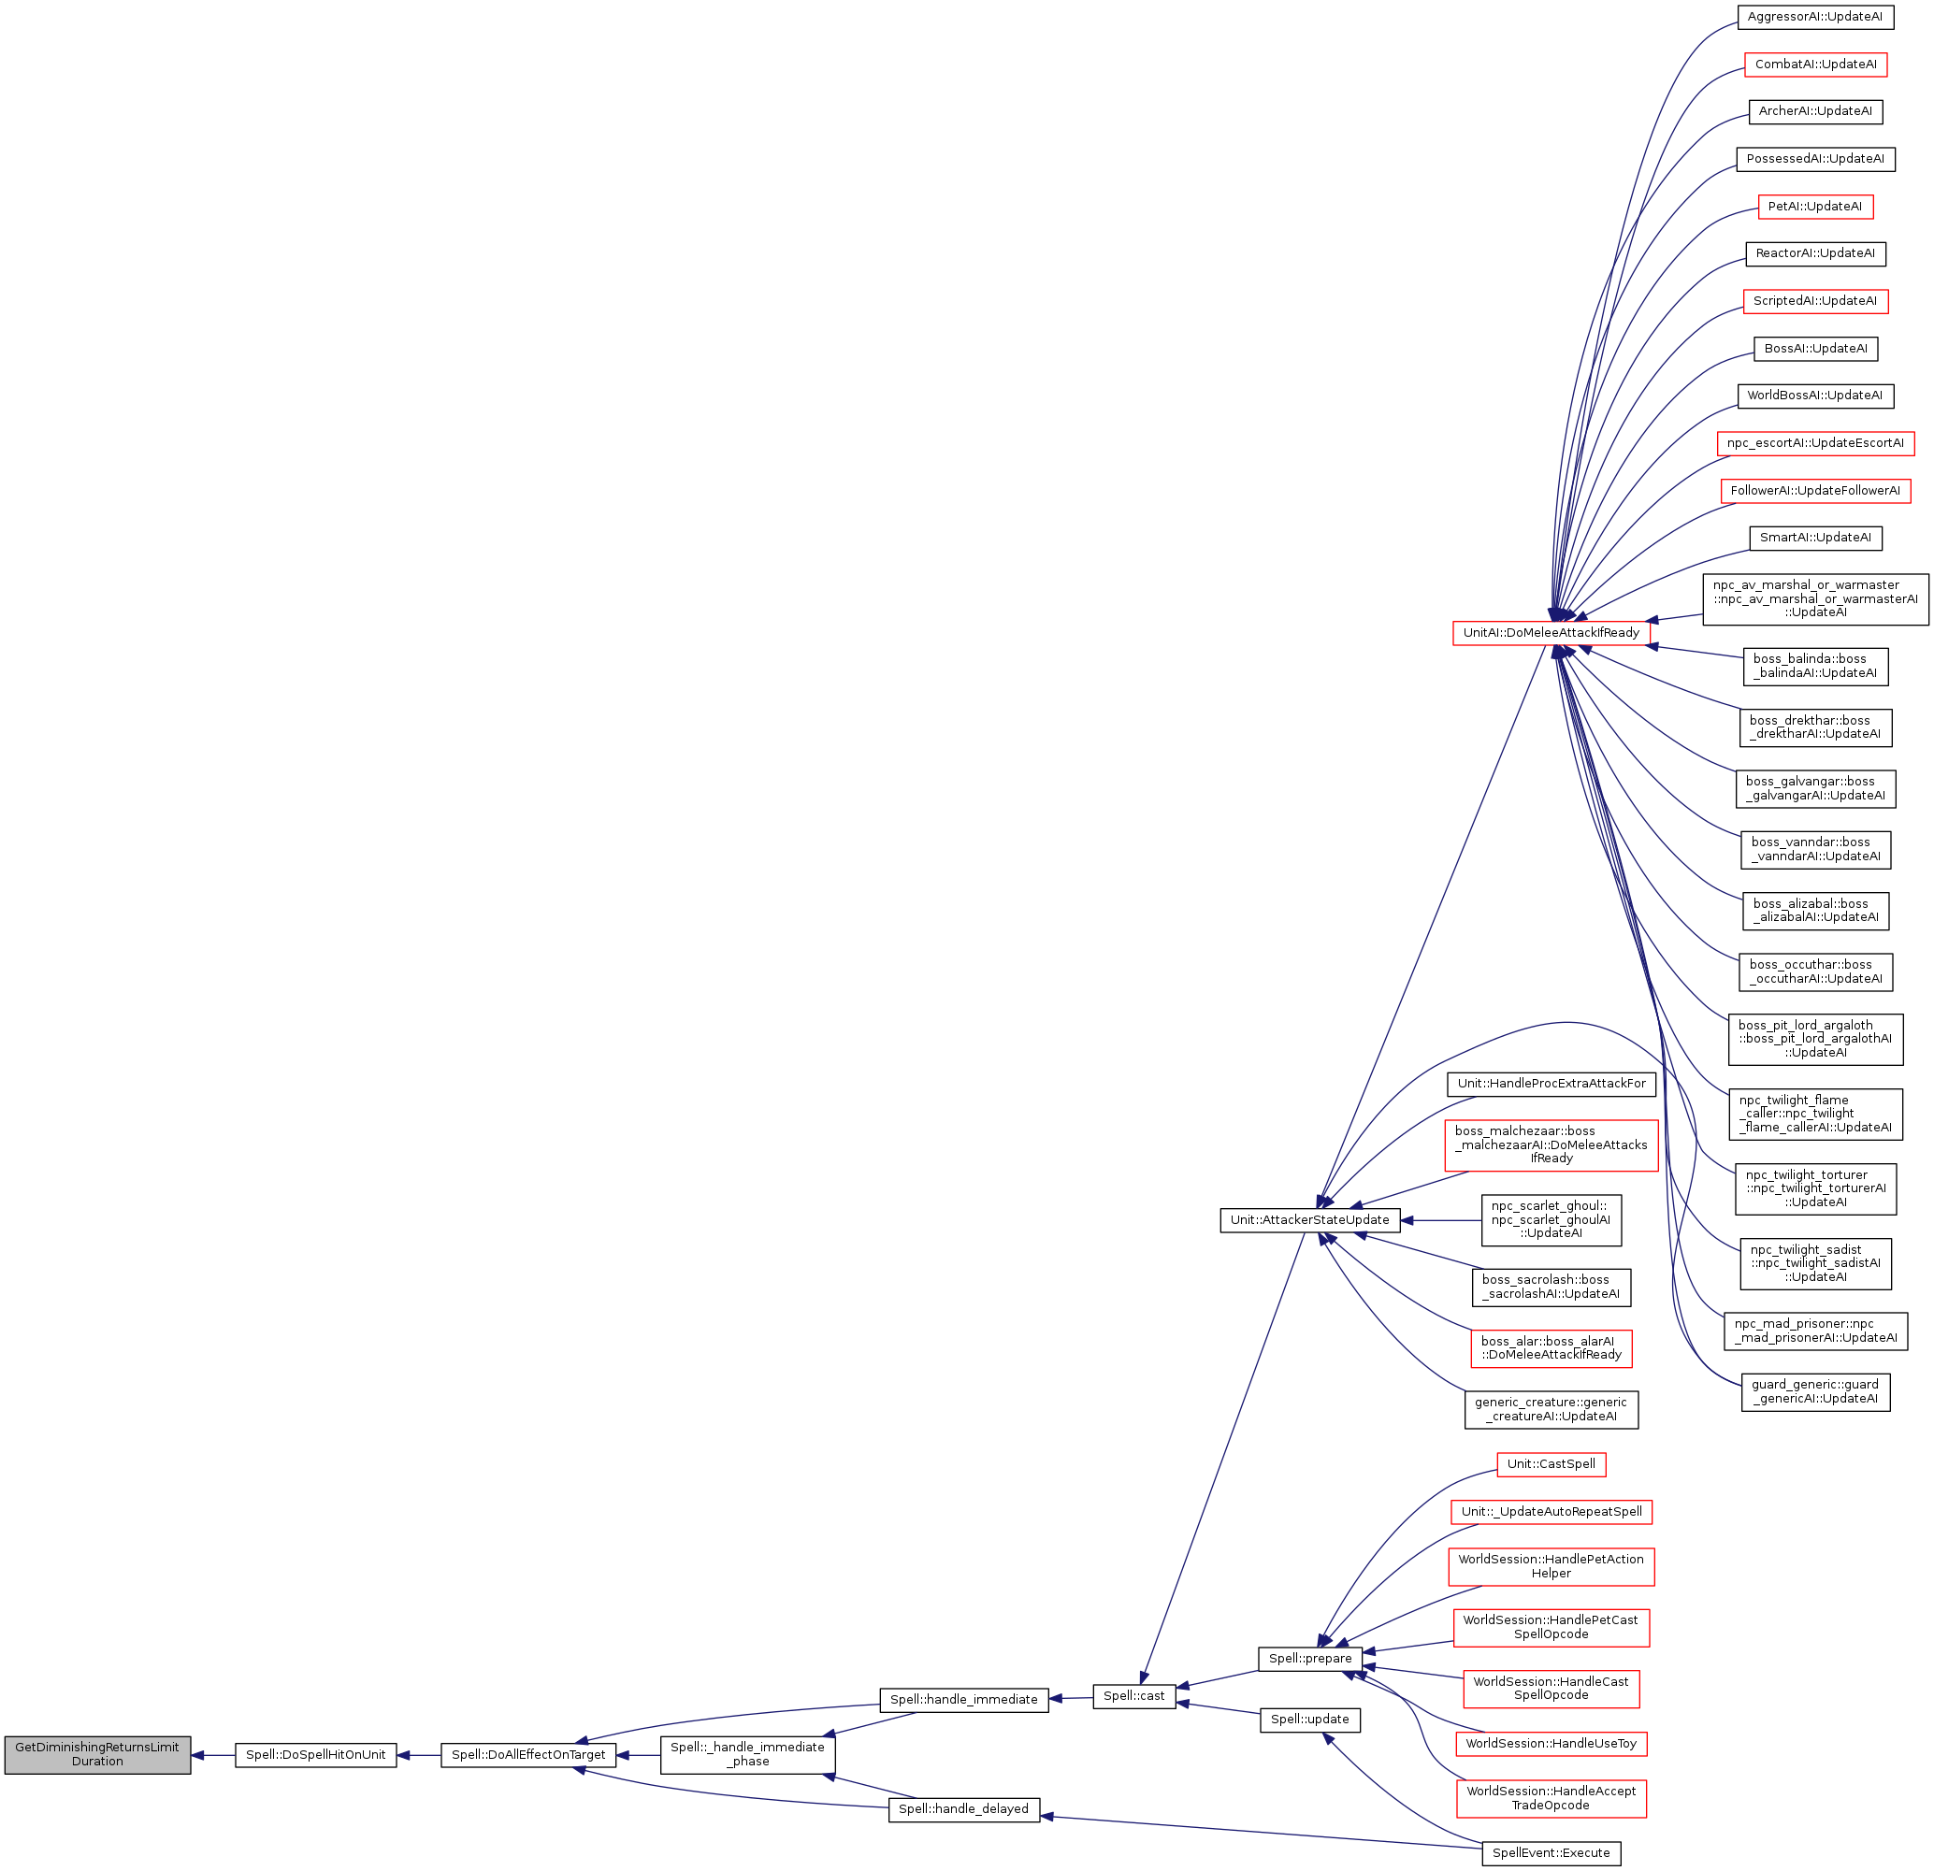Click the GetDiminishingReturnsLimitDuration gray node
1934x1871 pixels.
pyautogui.click(x=96, y=1753)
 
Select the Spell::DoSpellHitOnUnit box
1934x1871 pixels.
pyautogui.click(x=316, y=1754)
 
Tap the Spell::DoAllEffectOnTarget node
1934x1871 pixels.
pyautogui.click(x=527, y=1754)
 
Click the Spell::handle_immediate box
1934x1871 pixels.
pyautogui.click(x=963, y=1699)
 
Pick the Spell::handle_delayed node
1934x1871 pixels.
pyautogui.click(x=963, y=1809)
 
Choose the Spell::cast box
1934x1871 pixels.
pyautogui.click(x=1133, y=1696)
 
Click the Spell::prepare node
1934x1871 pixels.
pyautogui.click(x=1309, y=1659)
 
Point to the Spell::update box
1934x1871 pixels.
pyautogui.click(x=1309, y=1719)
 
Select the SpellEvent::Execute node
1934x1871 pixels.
pyautogui.click(x=1551, y=1853)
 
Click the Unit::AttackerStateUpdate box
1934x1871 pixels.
pyautogui.click(x=1309, y=1219)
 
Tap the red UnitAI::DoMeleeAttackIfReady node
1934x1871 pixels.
pyautogui.click(x=1551, y=632)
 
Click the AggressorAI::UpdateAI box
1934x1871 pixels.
pyautogui.click(x=1814, y=17)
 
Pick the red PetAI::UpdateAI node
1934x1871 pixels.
pyautogui.click(x=1814, y=207)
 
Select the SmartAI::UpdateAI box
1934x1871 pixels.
pyautogui.click(x=1814, y=538)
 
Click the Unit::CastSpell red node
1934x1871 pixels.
pyautogui.click(x=1551, y=1464)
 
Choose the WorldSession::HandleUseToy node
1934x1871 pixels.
pyautogui.click(x=1551, y=1744)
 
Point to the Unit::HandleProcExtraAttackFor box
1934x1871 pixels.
pyautogui.click(x=1551, y=1084)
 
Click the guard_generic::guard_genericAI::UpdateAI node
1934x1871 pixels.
pyautogui.click(x=1814, y=1391)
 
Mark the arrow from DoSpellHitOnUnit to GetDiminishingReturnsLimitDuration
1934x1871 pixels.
pyautogui.click(x=213, y=1754)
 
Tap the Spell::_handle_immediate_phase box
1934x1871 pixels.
pyautogui.click(x=747, y=1754)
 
